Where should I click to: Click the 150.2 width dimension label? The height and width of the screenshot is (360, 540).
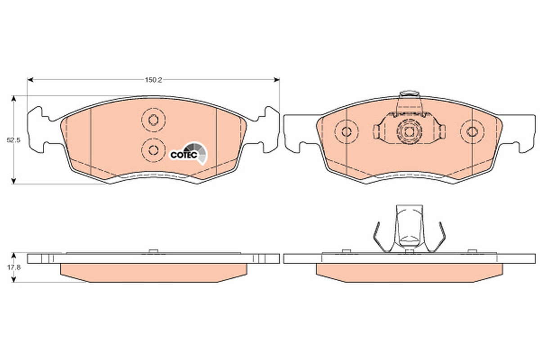coord(153,80)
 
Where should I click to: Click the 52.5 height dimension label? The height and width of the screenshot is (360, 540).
coord(13,140)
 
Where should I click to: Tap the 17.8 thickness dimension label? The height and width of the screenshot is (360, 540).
coord(13,267)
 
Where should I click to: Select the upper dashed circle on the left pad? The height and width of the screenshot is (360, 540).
coord(153,120)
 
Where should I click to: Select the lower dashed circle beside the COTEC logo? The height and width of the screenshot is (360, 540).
coord(153,150)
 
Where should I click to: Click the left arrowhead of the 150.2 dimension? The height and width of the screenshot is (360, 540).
coord(30,80)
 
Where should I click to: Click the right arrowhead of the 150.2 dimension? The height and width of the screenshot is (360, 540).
coord(276,80)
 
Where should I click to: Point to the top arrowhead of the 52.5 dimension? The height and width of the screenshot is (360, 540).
coord(14,99)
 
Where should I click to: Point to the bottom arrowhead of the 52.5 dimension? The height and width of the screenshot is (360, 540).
coord(14,181)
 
